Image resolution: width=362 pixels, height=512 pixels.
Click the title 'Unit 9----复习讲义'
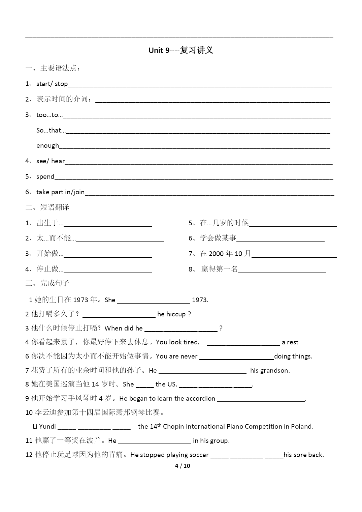181,50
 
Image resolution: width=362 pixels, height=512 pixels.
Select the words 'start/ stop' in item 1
52,84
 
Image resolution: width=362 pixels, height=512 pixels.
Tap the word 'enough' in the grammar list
47,145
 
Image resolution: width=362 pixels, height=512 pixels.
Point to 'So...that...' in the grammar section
51,130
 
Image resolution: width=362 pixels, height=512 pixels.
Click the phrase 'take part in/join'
60,192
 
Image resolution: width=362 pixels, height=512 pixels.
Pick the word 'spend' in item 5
45,176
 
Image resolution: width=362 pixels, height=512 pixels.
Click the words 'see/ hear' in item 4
51,161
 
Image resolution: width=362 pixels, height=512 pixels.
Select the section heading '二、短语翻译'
47,207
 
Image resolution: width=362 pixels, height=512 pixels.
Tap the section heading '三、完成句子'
47,283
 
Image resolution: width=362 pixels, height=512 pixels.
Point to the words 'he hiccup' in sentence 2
171,314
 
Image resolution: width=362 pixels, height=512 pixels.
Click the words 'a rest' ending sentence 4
290,342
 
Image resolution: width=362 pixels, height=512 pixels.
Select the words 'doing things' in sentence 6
293,357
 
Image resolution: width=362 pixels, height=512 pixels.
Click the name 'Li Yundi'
44,427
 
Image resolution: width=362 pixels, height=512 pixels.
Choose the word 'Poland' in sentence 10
301,427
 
